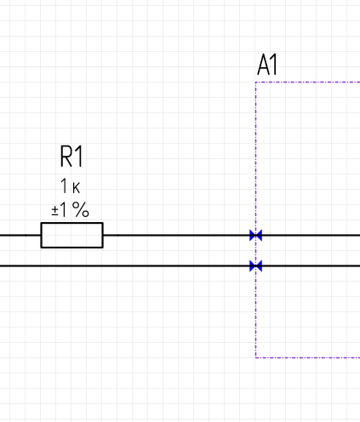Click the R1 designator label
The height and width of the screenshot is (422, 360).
71,156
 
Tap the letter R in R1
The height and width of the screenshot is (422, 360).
66,156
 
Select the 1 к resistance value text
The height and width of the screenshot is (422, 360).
71,186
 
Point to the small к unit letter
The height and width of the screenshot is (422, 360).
77,188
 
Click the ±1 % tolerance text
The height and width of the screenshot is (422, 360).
71,210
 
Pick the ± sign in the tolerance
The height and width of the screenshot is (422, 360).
54,211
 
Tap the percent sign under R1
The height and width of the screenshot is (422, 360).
81,209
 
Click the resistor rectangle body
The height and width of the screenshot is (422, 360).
71,223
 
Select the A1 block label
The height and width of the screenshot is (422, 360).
267,65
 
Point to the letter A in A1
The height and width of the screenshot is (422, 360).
263,65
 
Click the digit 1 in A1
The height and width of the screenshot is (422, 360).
274,65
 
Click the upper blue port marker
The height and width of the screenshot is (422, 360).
255,236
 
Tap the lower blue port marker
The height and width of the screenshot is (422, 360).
255,266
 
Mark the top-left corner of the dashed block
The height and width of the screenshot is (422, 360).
255,83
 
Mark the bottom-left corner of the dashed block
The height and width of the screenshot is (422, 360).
255,357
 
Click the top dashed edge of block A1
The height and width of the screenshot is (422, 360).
308,83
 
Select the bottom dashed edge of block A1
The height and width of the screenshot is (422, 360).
308,357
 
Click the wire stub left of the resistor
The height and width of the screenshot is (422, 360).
20,235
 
